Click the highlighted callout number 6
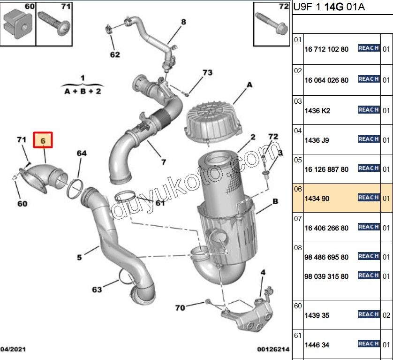tap(43, 140)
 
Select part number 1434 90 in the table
tap(317, 199)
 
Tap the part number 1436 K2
tap(317, 111)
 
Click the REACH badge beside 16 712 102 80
tap(369, 48)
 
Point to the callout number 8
tap(183, 22)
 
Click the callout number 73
tap(208, 72)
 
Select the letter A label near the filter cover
tap(249, 85)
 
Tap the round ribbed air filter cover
tap(213, 121)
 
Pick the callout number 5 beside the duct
tap(79, 257)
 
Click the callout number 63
tap(97, 290)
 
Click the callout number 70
tap(180, 308)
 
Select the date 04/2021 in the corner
tap(13, 349)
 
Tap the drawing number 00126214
tap(273, 349)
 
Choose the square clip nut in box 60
tap(18, 24)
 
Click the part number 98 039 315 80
tap(326, 276)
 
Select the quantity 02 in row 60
tap(386, 315)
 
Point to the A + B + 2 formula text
tap(83, 92)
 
